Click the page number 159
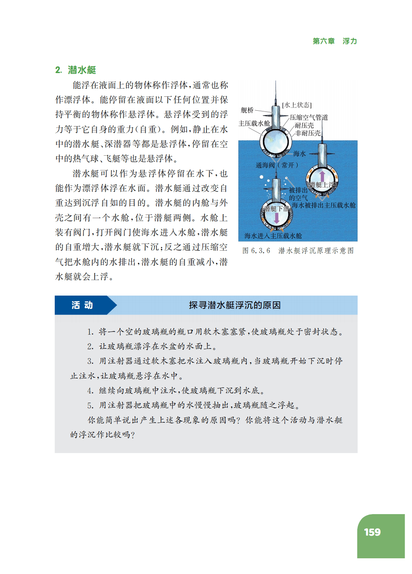click(372, 532)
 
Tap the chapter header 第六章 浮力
click(335, 41)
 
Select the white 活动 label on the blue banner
click(82, 305)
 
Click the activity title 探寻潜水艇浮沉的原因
click(235, 305)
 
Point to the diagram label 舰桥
click(247, 110)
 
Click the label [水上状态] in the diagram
click(297, 105)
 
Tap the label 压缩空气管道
click(309, 117)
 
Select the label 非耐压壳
click(308, 133)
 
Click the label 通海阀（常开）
click(277, 165)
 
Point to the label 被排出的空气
click(298, 194)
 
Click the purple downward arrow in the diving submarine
click(277, 218)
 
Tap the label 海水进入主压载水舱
click(273, 236)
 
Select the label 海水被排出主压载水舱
click(323, 205)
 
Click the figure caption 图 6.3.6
click(256, 251)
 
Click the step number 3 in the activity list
click(90, 361)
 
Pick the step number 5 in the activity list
click(90, 405)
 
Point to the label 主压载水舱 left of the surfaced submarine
click(254, 123)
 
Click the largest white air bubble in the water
click(261, 177)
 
